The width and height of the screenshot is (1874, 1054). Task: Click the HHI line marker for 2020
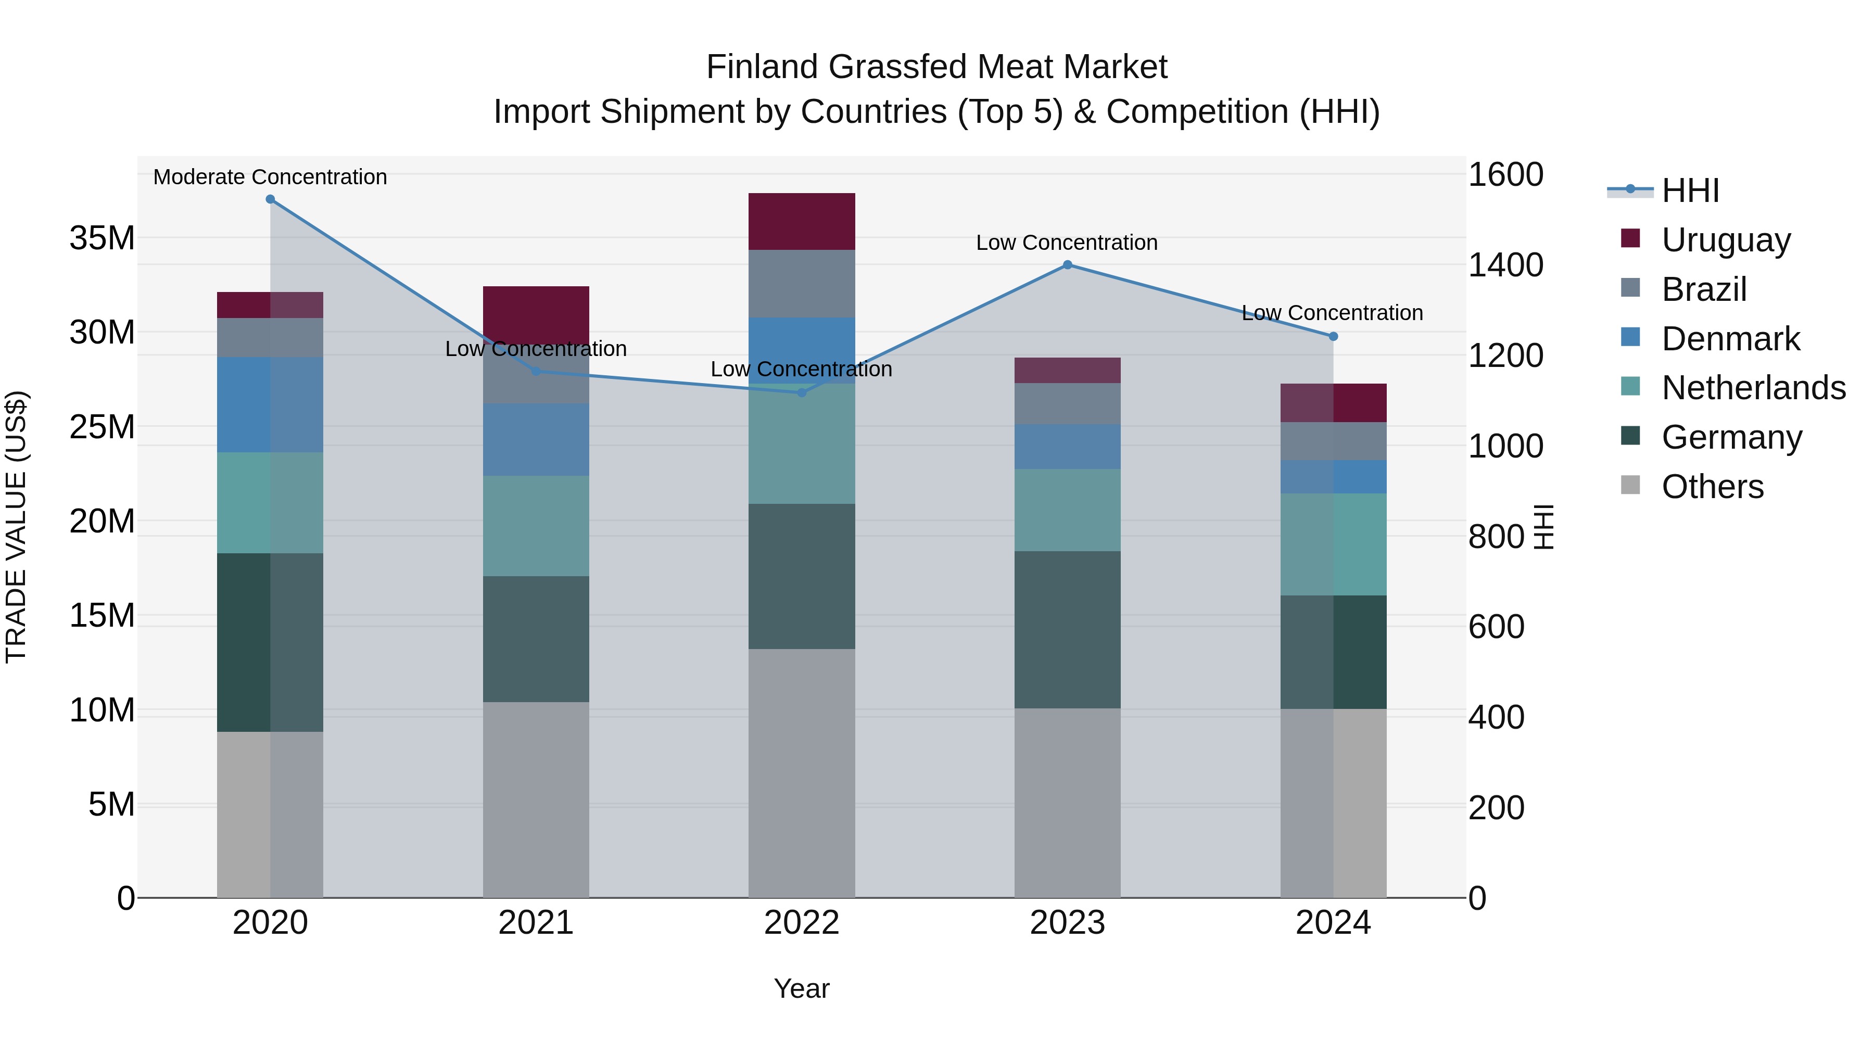point(270,199)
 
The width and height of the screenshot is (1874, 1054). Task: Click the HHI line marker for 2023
point(1067,265)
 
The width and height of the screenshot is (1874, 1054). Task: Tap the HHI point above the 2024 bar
point(1333,337)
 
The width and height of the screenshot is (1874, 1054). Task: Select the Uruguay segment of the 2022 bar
point(802,222)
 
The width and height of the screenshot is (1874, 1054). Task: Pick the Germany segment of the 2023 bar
point(1067,629)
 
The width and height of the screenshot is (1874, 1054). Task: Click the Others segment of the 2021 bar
point(536,799)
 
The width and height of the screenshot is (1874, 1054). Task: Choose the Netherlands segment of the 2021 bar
point(536,526)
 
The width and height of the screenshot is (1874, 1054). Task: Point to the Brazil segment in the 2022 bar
point(802,284)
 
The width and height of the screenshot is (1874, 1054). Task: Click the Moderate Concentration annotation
point(270,177)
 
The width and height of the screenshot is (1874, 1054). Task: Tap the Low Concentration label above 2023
point(1067,243)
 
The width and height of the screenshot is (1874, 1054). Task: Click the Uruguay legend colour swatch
point(1630,238)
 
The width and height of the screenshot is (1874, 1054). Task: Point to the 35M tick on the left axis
point(102,238)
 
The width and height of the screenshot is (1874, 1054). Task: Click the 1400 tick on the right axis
point(1504,265)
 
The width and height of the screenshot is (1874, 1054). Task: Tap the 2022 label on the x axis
point(802,923)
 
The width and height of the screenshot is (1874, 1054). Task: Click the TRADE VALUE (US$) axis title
point(16,527)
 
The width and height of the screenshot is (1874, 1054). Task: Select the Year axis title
point(802,988)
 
